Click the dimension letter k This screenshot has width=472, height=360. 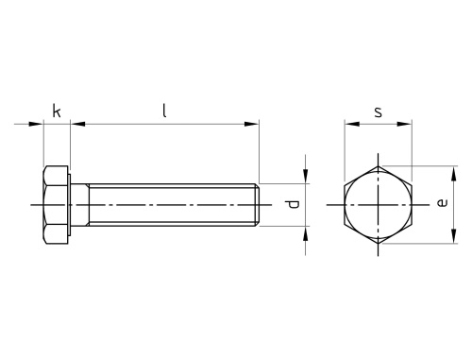pyautogui.click(x=57, y=111)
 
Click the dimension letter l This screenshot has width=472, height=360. pyautogui.click(x=164, y=111)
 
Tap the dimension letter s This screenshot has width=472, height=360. pyautogui.click(x=379, y=111)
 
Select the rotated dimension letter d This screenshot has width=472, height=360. pyautogui.click(x=294, y=204)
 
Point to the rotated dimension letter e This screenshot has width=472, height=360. pyautogui.click(x=442, y=202)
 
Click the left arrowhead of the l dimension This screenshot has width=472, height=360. pyautogui.click(x=77, y=124)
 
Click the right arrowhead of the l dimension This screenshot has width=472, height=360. pyautogui.click(x=251, y=124)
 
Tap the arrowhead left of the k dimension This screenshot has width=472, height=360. pyautogui.click(x=36, y=124)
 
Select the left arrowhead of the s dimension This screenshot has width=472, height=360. pyautogui.click(x=352, y=124)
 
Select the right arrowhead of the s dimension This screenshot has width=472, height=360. pyautogui.click(x=404, y=124)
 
